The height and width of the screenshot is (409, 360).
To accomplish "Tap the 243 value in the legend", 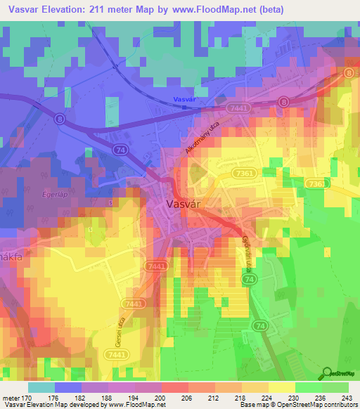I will [347, 398].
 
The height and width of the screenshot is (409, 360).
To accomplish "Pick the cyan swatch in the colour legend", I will [41, 387].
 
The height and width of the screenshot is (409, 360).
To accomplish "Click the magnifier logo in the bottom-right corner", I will [327, 374].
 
